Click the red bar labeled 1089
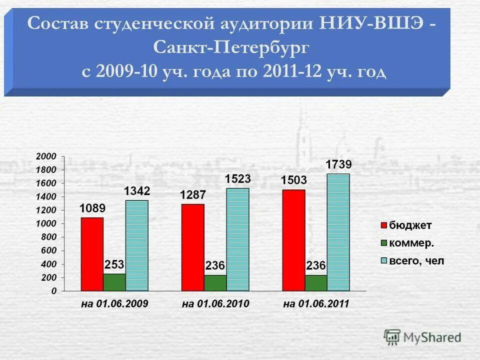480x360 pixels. click(x=92, y=254)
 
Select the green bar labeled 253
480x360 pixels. click(x=114, y=282)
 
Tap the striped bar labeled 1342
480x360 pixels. click(x=137, y=245)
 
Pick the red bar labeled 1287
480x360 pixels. click(x=193, y=247)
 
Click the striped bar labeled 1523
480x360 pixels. click(x=237, y=239)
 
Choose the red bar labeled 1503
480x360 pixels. click(x=293, y=240)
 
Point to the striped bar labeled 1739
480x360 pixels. click(x=338, y=232)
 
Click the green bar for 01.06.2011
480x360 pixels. click(x=316, y=282)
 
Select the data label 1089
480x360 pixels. click(x=92, y=208)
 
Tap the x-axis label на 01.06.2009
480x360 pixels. click(x=114, y=303)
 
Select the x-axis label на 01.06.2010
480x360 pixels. click(x=215, y=303)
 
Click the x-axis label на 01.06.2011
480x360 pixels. click(x=316, y=303)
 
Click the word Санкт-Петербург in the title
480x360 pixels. click(x=231, y=48)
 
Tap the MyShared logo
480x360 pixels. click(x=422, y=337)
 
